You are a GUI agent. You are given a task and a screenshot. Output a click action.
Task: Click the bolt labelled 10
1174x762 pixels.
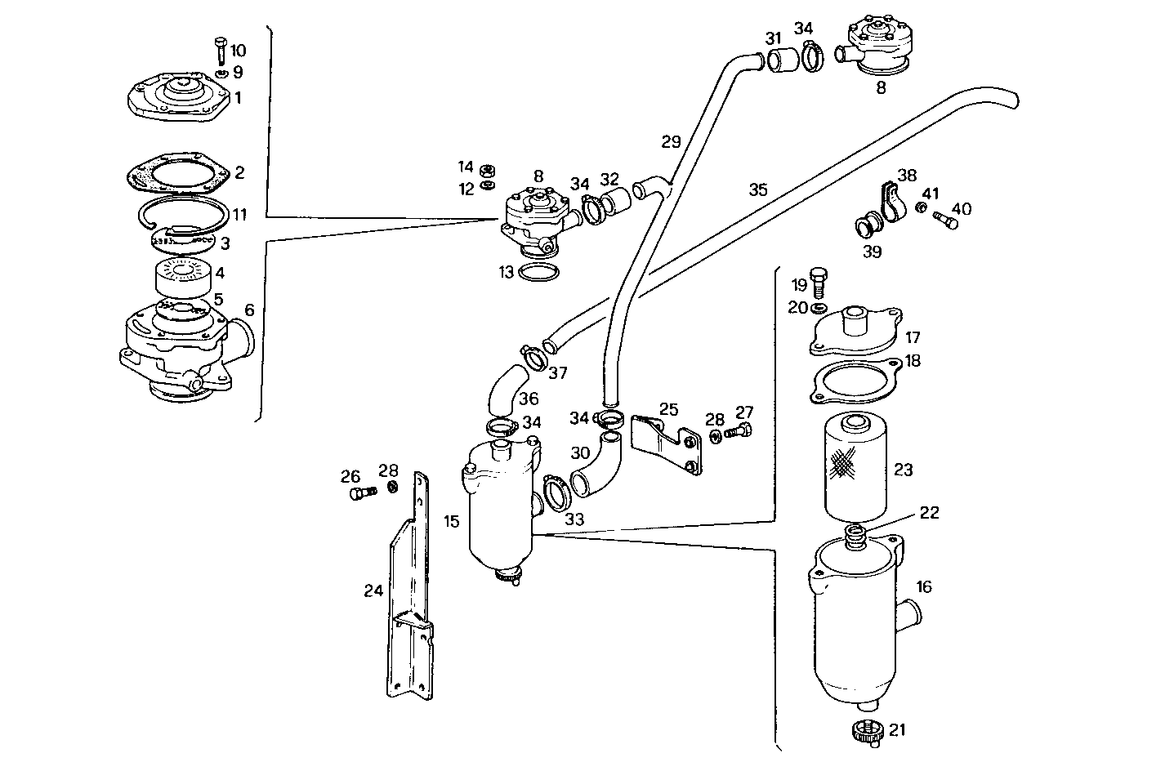pos(220,50)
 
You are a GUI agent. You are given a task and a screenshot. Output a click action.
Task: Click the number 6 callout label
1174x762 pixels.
pos(249,310)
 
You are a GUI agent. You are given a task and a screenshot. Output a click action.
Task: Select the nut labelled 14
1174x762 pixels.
pos(487,170)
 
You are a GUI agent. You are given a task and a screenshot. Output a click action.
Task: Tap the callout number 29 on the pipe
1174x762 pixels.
pos(670,142)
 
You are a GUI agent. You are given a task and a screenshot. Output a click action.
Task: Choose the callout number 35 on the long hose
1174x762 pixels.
pos(757,189)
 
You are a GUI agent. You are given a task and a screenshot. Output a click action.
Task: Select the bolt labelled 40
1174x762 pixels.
pos(947,218)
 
